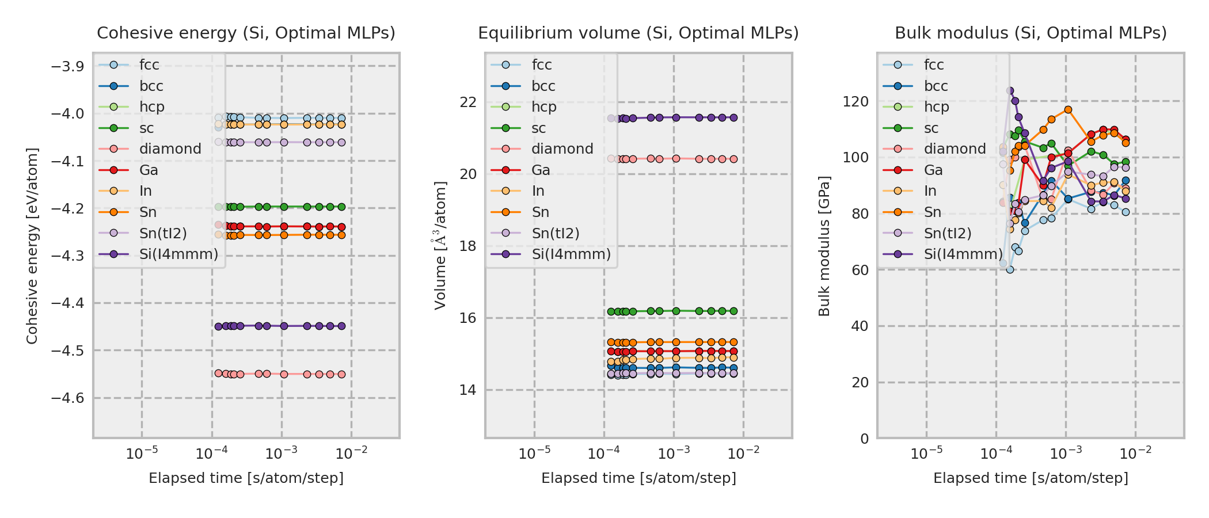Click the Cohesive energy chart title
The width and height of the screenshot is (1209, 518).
pos(246,33)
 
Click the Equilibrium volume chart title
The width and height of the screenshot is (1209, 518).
pos(638,33)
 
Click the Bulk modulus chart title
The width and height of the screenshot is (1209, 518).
pos(1031,33)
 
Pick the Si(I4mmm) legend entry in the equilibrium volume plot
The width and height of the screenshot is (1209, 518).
pos(571,254)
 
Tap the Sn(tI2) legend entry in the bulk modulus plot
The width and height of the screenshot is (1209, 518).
pos(947,233)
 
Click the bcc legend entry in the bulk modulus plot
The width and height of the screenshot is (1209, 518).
pos(936,86)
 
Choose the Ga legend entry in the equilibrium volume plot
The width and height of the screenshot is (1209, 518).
pos(541,170)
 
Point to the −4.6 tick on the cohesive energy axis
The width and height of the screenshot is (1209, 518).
pos(67,398)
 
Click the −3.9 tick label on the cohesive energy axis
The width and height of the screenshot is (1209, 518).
pos(67,67)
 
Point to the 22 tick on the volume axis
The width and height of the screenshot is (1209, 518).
pos(468,102)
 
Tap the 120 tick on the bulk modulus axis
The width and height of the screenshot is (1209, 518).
pos(856,102)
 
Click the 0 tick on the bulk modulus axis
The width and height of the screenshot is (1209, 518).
pos(864,439)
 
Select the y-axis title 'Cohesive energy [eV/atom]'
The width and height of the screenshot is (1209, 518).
pos(32,246)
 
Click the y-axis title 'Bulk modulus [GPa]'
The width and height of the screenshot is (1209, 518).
pos(824,246)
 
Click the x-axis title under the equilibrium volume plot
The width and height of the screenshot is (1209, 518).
pos(638,478)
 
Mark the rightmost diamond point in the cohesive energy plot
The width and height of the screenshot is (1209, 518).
pos(341,374)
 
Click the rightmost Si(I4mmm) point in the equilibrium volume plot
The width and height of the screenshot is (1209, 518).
pos(733,117)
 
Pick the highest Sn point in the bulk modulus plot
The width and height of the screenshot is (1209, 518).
pos(1068,109)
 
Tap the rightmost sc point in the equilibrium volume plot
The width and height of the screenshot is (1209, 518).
pos(733,311)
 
